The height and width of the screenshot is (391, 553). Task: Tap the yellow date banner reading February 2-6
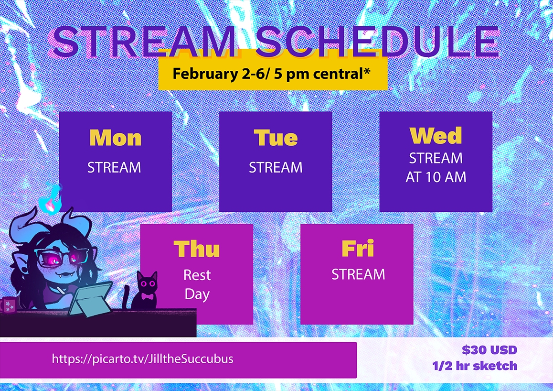(273, 74)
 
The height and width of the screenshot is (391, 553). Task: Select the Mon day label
(115, 138)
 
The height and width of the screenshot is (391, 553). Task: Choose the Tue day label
(276, 138)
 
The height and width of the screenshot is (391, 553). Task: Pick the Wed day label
(436, 135)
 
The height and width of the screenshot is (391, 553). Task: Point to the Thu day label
(196, 249)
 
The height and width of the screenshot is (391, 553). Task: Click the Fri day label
(358, 249)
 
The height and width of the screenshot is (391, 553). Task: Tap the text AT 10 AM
(436, 177)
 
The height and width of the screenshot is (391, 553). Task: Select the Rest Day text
(197, 285)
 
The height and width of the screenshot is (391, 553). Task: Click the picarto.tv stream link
(142, 359)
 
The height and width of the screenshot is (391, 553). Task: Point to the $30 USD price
(489, 350)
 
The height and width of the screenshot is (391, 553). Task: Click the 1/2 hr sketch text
(475, 366)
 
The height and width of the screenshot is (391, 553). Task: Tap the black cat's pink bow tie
(147, 296)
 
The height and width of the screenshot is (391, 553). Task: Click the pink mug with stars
(9, 305)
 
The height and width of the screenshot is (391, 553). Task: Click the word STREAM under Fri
(358, 274)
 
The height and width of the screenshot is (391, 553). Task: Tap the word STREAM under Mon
(114, 167)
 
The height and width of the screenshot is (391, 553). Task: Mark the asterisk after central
(367, 71)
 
